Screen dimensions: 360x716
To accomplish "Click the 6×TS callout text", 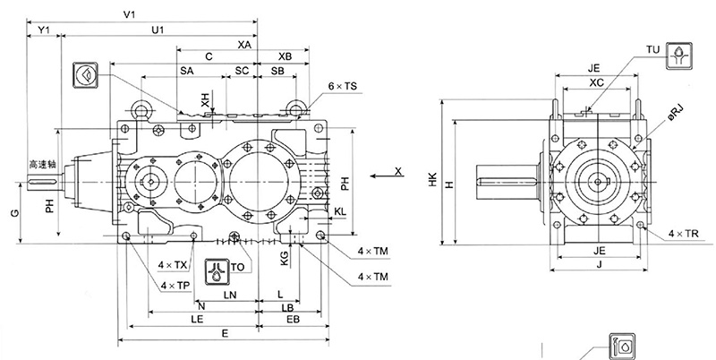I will [342, 86].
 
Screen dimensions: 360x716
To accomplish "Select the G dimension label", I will [13, 213].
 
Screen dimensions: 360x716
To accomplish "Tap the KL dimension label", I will [341, 212].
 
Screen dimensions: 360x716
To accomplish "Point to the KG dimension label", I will [285, 257].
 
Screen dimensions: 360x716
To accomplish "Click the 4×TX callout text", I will [173, 266].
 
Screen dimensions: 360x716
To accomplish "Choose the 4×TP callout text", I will [175, 285].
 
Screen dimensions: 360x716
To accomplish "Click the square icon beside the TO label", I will [217, 270].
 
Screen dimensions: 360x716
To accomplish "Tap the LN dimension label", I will [230, 294].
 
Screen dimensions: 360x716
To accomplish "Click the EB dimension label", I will [292, 318].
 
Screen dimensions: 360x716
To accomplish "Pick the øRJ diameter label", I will [677, 114].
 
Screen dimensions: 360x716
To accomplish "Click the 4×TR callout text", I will [684, 235].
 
